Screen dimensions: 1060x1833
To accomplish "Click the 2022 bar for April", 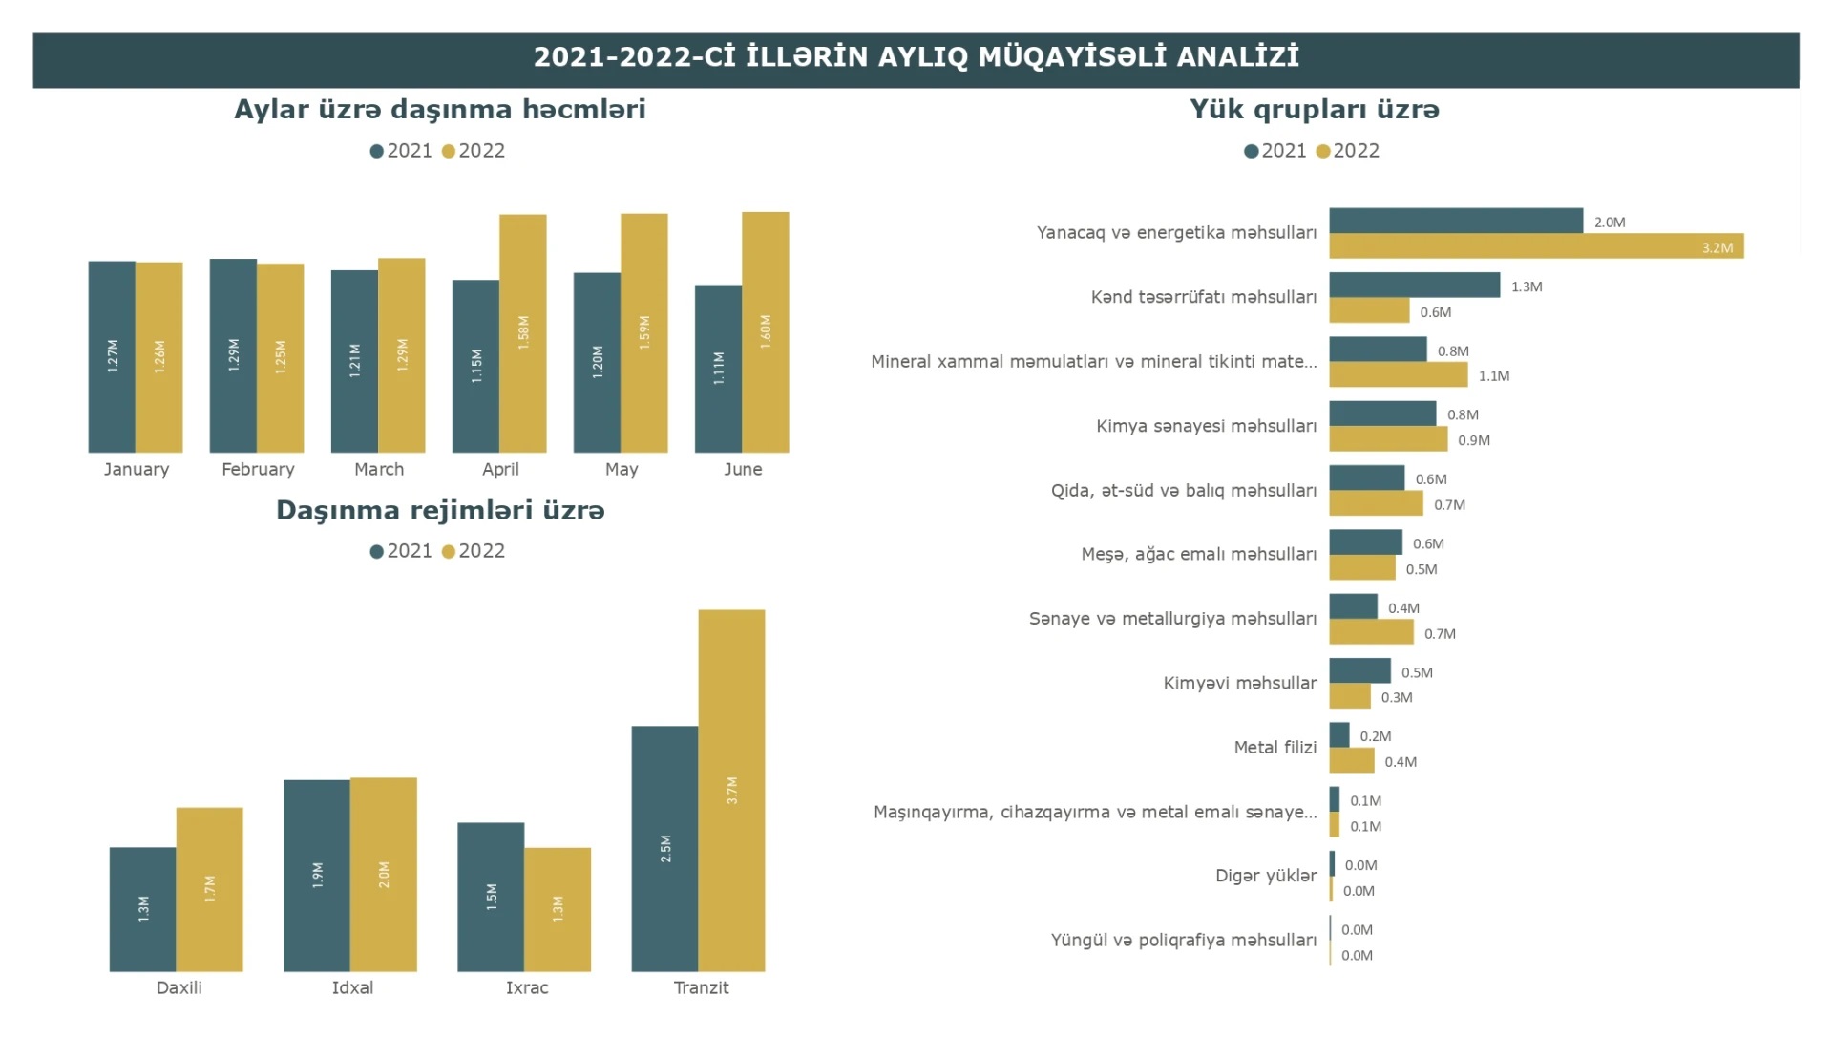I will [x=523, y=333].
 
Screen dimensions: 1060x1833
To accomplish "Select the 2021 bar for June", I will [x=718, y=369].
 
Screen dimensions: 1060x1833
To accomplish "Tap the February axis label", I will [x=258, y=469].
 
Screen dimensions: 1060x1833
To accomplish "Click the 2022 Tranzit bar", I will [x=731, y=790].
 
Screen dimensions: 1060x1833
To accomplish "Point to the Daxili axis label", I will [x=179, y=987].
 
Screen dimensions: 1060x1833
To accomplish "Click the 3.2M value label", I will [x=1717, y=248].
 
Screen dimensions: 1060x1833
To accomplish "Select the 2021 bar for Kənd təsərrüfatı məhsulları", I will [x=1414, y=285].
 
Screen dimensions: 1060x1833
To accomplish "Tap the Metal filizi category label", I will [x=1275, y=748].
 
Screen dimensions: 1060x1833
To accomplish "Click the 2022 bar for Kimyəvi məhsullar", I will [x=1350, y=697].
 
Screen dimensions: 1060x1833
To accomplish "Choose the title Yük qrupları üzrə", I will [x=1314, y=110].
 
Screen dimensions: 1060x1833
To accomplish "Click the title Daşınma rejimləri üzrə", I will [x=440, y=511].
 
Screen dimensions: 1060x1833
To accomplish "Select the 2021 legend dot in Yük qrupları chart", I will [x=1251, y=151].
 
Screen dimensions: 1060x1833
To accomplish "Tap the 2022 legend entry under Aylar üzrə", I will [x=474, y=151].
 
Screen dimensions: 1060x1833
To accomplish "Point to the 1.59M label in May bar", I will [x=644, y=331].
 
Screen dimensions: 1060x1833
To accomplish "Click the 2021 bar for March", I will [x=354, y=361].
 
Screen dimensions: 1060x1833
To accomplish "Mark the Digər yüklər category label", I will [x=1266, y=876].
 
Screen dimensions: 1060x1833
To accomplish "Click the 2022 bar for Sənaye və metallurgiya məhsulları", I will [x=1371, y=632].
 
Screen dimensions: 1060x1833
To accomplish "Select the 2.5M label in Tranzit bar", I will [x=665, y=848].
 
